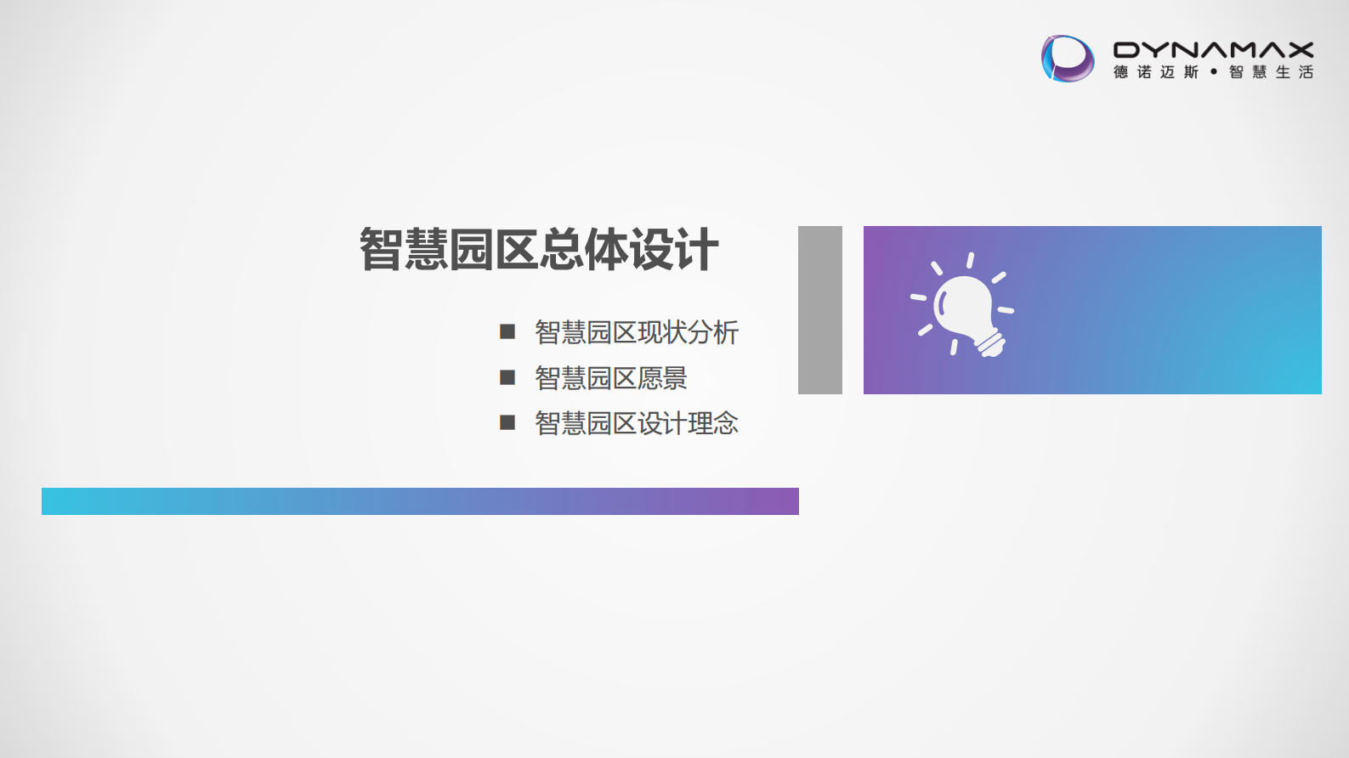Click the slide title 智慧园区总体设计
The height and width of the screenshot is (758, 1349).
point(539,250)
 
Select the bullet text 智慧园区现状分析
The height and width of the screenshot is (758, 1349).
point(636,332)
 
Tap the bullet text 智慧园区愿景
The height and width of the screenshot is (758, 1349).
point(610,378)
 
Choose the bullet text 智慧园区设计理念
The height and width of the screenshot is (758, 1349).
point(636,423)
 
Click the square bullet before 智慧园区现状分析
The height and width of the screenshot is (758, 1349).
point(507,331)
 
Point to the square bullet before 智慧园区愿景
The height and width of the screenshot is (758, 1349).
point(507,377)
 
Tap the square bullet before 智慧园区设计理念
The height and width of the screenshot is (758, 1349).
point(507,422)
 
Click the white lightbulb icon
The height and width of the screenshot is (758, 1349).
point(963,306)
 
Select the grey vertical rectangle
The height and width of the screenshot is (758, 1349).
point(819,309)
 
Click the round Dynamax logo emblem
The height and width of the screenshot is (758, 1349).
point(1068,59)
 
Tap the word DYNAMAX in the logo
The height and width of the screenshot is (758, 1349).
point(1213,50)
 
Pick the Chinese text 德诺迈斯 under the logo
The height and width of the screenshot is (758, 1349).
point(1156,72)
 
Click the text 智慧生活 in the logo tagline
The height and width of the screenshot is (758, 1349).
point(1271,72)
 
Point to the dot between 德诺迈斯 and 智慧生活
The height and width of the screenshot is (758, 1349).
point(1214,72)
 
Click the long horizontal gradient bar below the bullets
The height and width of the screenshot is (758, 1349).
point(420,501)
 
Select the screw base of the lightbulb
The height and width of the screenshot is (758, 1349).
point(991,343)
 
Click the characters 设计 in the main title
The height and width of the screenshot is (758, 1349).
point(674,250)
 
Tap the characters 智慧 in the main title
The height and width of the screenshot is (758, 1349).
point(404,250)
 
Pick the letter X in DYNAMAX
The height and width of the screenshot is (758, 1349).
point(1299,50)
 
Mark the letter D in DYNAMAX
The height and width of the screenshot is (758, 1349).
point(1127,50)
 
